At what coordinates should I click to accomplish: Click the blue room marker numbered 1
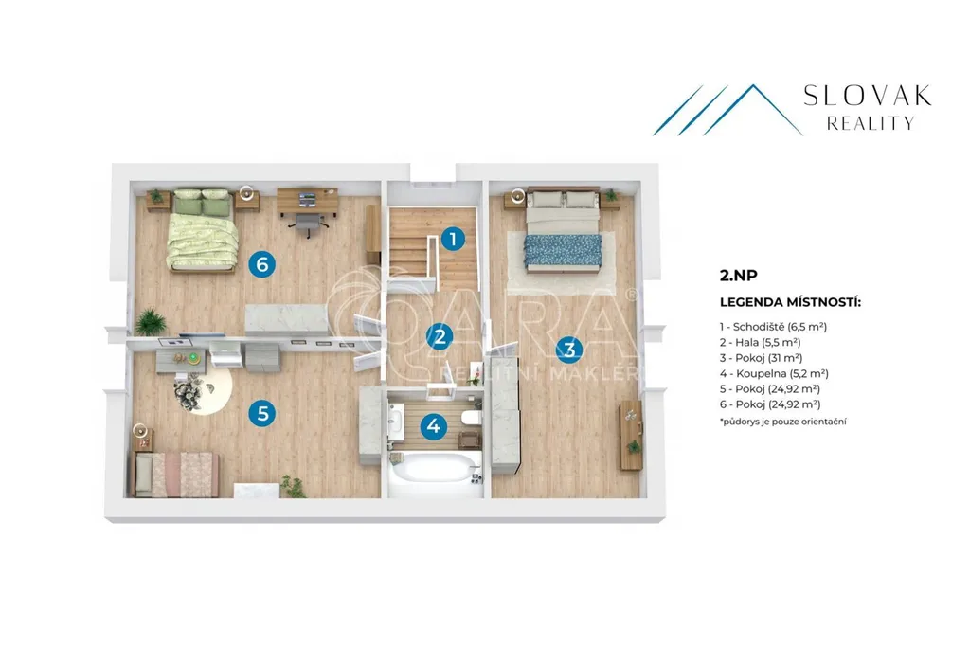pyautogui.click(x=453, y=239)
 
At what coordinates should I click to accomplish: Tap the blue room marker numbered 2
pyautogui.click(x=440, y=336)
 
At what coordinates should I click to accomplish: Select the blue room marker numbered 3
pyautogui.click(x=569, y=349)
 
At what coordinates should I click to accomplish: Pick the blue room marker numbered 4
pyautogui.click(x=433, y=425)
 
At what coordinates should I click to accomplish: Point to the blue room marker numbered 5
pyautogui.click(x=262, y=413)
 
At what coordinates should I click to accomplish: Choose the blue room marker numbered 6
pyautogui.click(x=261, y=265)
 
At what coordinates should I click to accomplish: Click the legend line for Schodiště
pyautogui.click(x=773, y=327)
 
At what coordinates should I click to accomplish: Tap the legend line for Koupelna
pyautogui.click(x=774, y=373)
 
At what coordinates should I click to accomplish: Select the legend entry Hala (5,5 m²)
pyautogui.click(x=761, y=342)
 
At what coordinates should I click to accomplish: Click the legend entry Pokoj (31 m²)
pyautogui.click(x=761, y=358)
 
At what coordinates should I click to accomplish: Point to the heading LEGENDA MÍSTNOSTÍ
pyautogui.click(x=790, y=302)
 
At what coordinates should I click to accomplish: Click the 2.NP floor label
pyautogui.click(x=739, y=276)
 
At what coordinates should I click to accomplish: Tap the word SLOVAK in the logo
pyautogui.click(x=868, y=96)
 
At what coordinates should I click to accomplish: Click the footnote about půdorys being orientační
pyautogui.click(x=782, y=422)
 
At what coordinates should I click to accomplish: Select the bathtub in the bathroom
pyautogui.click(x=436, y=468)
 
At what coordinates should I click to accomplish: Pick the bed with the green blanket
pyautogui.click(x=204, y=230)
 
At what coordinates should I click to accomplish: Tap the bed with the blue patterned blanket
pyautogui.click(x=563, y=230)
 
